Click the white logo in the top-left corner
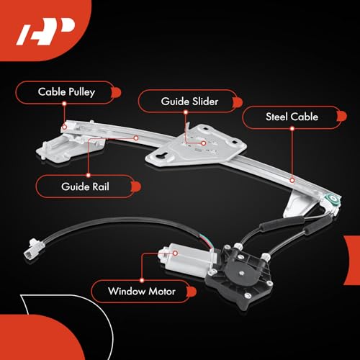click(45, 31)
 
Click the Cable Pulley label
click(66, 92)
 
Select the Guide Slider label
click(189, 102)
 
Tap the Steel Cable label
click(292, 117)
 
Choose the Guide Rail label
click(85, 186)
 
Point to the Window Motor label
click(142, 292)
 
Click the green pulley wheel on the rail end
click(333, 199)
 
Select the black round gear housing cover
click(241, 271)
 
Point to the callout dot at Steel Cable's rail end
click(292, 180)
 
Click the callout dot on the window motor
click(176, 253)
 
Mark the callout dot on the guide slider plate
click(204, 143)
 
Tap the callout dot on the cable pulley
click(64, 127)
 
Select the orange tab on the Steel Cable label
click(342, 117)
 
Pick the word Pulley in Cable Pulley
click(82, 92)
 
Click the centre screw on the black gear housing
click(242, 273)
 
